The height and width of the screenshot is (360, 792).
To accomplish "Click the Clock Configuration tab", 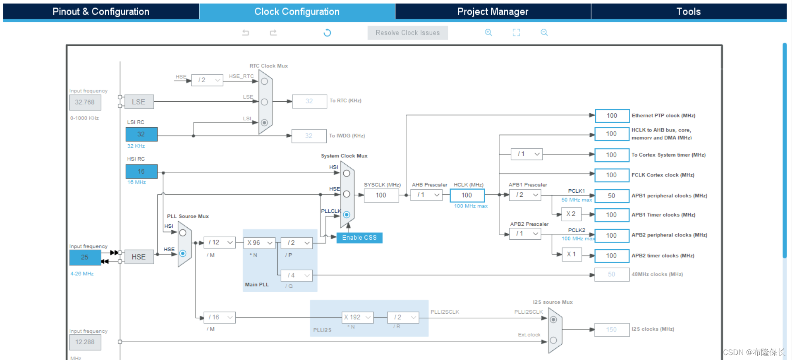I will point(297,12).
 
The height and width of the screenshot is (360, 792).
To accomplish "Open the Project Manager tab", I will point(493,12).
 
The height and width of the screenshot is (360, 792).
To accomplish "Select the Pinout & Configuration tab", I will point(101,12).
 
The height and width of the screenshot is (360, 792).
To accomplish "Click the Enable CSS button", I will point(359,238).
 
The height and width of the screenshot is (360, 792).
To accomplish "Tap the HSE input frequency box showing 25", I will point(85,257).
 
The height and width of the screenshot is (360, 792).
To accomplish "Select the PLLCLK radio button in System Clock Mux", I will point(347,215).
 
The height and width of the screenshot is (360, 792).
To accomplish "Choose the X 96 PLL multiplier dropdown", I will point(259,243).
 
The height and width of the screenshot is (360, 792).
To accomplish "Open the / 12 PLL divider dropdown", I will point(220,242).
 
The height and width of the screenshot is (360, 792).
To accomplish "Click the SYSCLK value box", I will point(381,195).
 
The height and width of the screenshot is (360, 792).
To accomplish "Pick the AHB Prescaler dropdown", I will point(426,195).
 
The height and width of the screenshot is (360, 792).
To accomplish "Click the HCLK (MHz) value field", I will point(467,195).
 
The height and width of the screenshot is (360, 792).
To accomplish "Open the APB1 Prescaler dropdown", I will point(525,195).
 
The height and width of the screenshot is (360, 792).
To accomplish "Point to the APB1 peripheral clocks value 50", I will point(612,195).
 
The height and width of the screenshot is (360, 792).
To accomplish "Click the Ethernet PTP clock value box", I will point(612,116).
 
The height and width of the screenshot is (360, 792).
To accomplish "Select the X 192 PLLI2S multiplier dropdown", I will point(358,317).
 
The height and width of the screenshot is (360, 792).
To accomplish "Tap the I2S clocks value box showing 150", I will point(611,329).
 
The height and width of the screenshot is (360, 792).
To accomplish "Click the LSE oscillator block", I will point(139,102).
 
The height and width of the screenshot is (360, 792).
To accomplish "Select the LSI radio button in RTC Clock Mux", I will point(264,122).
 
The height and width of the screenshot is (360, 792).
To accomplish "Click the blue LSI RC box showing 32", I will point(141,134).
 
